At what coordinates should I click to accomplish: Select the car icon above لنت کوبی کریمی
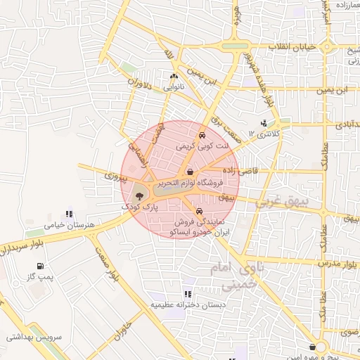point(202,135)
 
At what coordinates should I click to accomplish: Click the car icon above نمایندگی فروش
point(200,211)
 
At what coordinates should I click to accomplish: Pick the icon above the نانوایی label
point(174,77)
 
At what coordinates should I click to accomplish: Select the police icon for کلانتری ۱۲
point(263,123)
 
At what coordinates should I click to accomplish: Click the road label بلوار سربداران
point(24,248)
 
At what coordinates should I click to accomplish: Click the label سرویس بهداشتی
point(34,337)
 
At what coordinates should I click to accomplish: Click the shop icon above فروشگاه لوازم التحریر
point(191,172)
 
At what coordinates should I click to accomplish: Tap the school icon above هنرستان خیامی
point(68,214)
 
